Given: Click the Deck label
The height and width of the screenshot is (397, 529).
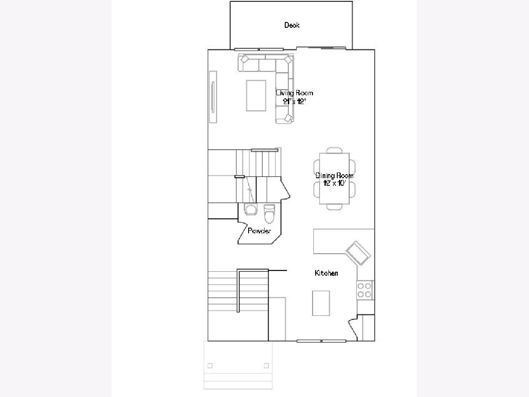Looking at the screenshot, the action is click(x=292, y=25).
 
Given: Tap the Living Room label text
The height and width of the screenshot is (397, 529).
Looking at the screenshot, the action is click(x=294, y=93).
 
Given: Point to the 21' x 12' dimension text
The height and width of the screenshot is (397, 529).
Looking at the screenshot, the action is click(x=294, y=101).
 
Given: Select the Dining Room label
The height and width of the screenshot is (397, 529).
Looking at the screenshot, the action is click(x=335, y=176).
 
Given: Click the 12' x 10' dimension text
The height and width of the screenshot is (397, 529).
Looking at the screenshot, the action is click(x=335, y=183).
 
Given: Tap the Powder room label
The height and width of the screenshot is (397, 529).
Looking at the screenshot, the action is click(x=259, y=231).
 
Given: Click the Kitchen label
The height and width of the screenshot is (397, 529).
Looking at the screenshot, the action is click(x=326, y=273).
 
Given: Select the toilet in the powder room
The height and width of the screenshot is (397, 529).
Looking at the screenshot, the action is click(x=269, y=213).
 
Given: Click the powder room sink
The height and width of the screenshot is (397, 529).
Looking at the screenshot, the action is click(x=250, y=209).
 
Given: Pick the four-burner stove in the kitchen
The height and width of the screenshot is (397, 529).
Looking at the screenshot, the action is click(x=364, y=290).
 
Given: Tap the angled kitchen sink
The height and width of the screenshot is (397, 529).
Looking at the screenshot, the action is click(x=358, y=253).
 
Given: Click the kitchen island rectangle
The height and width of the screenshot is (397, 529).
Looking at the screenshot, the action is click(x=321, y=303).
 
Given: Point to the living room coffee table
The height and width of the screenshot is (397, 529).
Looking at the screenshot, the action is click(x=256, y=96).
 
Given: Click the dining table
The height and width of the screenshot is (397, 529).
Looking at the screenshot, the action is click(x=334, y=179).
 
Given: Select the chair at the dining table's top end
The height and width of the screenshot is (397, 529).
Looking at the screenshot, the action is click(x=334, y=150).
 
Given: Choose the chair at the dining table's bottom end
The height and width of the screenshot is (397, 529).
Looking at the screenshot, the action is click(x=334, y=207).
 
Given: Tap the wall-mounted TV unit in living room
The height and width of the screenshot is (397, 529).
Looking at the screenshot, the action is click(x=213, y=97).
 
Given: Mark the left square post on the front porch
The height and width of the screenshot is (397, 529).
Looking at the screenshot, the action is click(x=210, y=366).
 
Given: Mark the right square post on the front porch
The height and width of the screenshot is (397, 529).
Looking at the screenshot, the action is click(x=266, y=366).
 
